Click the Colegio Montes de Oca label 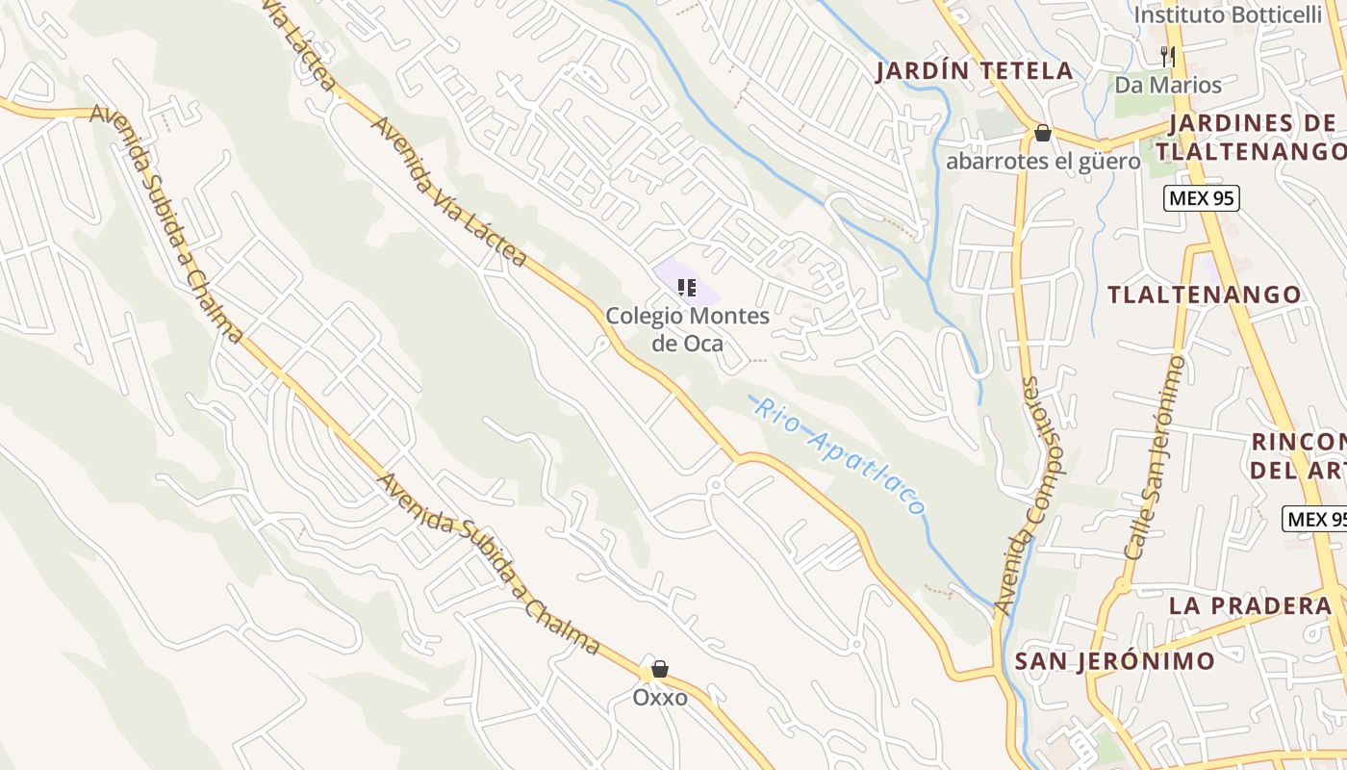click(687, 329)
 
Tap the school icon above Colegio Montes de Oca click(687, 287)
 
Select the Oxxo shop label click(660, 697)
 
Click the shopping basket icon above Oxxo click(660, 669)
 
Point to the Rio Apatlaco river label click(839, 455)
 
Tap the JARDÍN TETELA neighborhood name click(975, 70)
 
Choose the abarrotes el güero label click(1043, 161)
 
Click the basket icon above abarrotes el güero click(1042, 133)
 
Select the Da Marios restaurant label click(1168, 85)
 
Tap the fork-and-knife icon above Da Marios click(1168, 56)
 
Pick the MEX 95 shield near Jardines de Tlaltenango click(1201, 199)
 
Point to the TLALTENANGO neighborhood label click(1204, 295)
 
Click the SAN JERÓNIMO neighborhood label click(1114, 661)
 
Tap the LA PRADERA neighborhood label click(1250, 605)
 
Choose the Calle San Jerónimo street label click(1154, 457)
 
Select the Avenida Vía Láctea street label click(449, 192)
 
